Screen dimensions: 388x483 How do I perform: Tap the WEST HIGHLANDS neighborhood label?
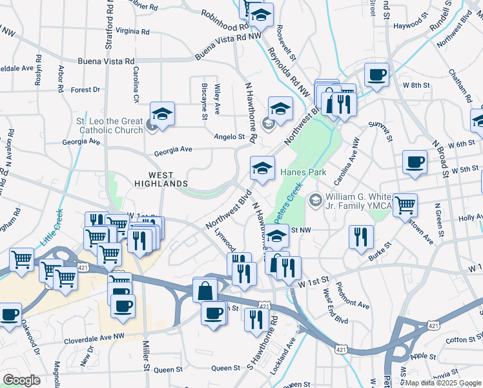tap(161, 179)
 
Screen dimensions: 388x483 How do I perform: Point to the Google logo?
tap(21, 380)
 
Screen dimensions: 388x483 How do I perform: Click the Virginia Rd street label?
tap(133, 30)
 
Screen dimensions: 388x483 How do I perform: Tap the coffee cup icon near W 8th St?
tap(376, 74)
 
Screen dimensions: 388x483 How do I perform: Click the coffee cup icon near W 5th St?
tap(415, 162)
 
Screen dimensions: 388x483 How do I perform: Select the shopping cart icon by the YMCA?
tap(405, 205)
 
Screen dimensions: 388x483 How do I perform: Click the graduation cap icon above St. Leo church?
tap(163, 114)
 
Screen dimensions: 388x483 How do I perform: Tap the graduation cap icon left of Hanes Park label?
tap(262, 167)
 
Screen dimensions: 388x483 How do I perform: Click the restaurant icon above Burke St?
tap(360, 236)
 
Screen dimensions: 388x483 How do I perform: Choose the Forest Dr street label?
tap(86, 90)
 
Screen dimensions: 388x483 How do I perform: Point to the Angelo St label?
tap(229, 136)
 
